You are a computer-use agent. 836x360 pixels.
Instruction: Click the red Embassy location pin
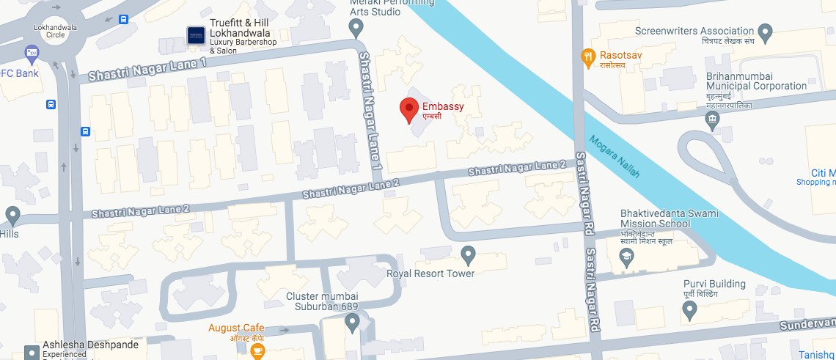coord(409,109)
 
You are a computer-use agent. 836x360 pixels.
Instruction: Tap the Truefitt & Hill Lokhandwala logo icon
coord(196,35)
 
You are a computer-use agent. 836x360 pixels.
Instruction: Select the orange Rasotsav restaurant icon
coord(587,56)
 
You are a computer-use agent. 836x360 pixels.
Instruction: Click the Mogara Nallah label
coord(615,156)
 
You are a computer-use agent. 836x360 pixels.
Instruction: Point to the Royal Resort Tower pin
coord(469,254)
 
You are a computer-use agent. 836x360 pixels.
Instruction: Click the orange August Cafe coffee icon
coord(257,351)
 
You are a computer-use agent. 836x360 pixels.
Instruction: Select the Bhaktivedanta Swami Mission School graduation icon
coord(626,257)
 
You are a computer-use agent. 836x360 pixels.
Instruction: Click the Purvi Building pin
coord(689,310)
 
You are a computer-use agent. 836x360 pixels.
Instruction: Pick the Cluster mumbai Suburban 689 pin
coord(353,321)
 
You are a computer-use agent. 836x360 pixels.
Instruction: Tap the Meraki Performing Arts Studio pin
coord(356,28)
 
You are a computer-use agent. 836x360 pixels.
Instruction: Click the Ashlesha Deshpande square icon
coord(32,353)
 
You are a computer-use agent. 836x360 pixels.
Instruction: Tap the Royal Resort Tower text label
coord(430,273)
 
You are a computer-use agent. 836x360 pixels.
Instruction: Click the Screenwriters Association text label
coord(694,31)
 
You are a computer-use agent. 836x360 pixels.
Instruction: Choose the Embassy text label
coord(443,106)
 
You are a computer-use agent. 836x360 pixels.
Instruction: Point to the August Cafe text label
coord(236,328)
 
